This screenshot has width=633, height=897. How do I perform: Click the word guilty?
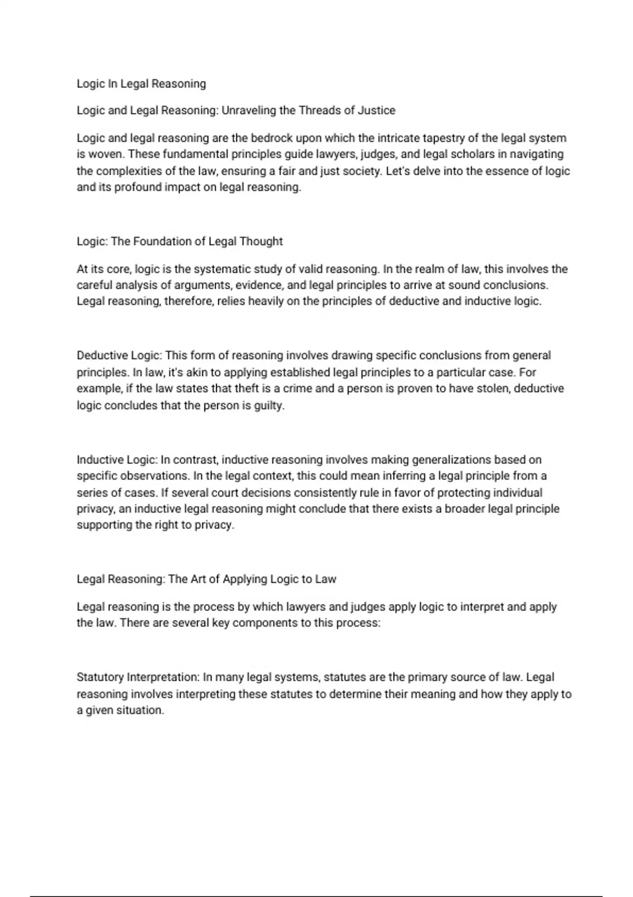(x=270, y=406)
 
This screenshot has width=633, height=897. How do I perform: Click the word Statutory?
(x=100, y=677)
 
